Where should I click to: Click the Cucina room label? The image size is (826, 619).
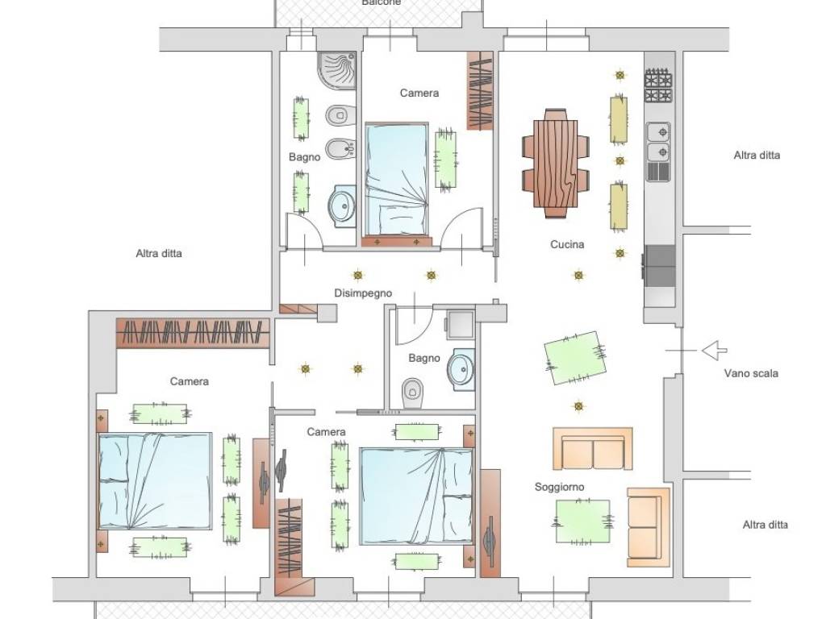[x=567, y=244]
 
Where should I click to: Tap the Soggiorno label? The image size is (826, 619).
[x=559, y=487]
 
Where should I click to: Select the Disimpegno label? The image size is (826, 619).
[x=363, y=293]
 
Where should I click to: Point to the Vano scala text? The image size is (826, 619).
[x=751, y=373]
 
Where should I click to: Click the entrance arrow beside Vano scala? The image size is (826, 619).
[x=715, y=350]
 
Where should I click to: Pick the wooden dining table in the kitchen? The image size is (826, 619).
[x=555, y=164]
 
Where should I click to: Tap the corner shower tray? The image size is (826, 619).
[x=336, y=71]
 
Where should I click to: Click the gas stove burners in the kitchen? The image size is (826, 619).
[x=658, y=85]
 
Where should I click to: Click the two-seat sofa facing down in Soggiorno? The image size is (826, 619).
[x=593, y=448]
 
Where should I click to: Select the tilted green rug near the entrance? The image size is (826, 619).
[x=574, y=358]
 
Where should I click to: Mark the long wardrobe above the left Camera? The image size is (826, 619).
[x=193, y=333]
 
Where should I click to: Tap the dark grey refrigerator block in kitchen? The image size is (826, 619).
[x=660, y=265]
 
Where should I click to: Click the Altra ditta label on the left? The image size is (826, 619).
[x=159, y=253]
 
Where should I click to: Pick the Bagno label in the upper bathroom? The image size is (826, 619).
[x=304, y=157]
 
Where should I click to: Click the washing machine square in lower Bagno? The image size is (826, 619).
[x=460, y=325]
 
